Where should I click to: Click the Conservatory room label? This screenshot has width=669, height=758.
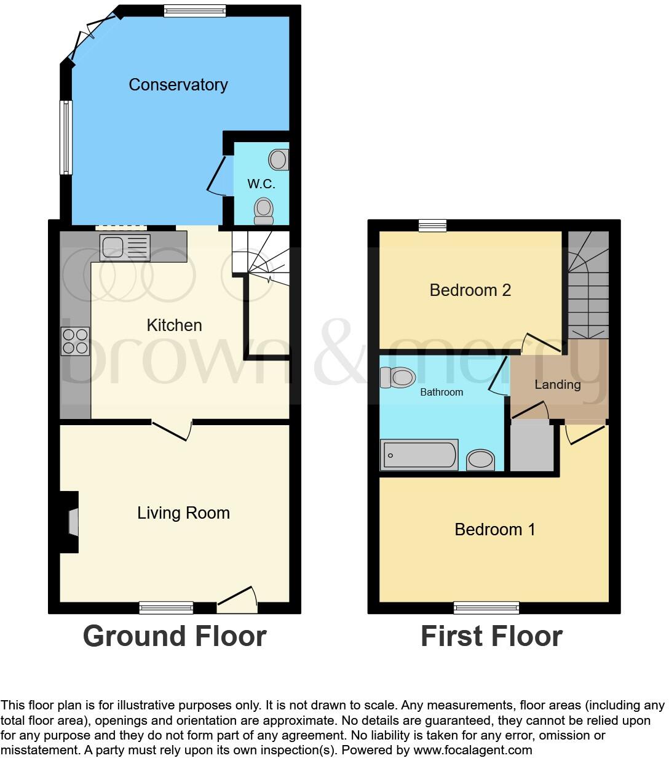[x=178, y=84]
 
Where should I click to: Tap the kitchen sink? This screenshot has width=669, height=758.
[x=124, y=247]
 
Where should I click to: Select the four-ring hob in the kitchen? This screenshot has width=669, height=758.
[x=74, y=341]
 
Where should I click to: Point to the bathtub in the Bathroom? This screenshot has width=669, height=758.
[x=419, y=455]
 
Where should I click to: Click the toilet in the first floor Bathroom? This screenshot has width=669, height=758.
[x=397, y=377]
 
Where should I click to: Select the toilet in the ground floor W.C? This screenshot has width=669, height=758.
[x=264, y=211]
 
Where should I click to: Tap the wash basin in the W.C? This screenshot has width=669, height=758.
[x=279, y=159]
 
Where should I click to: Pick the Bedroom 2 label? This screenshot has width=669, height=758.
[x=470, y=290]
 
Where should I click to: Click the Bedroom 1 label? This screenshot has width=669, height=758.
[x=494, y=529]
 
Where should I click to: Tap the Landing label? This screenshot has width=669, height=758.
[x=557, y=385]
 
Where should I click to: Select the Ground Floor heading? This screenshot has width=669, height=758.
[x=175, y=636]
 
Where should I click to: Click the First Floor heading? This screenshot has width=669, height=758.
[x=491, y=636]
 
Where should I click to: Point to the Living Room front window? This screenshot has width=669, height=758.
[x=166, y=608]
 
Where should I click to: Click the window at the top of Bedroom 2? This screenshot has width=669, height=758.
[x=432, y=226]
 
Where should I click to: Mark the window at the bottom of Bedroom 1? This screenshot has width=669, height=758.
[x=486, y=608]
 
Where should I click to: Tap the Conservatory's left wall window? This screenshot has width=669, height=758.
[x=66, y=137]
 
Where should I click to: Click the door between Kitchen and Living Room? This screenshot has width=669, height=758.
[x=172, y=429]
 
